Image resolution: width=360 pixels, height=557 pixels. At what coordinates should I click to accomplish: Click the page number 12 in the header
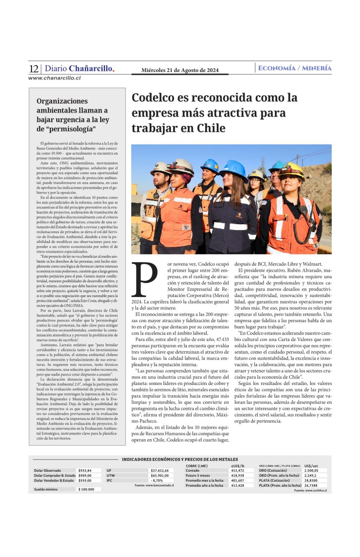(x=34, y=69)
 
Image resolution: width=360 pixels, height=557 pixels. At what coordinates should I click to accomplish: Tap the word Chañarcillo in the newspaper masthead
(x=91, y=69)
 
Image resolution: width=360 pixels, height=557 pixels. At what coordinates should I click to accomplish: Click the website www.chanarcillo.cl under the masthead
(x=54, y=78)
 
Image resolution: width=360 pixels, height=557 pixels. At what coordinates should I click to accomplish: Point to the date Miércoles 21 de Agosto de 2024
(x=180, y=70)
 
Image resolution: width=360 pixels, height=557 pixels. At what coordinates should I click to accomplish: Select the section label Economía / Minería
(x=295, y=68)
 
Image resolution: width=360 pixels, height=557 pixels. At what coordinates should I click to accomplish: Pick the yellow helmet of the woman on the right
(x=291, y=170)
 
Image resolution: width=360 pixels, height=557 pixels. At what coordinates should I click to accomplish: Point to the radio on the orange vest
(x=303, y=211)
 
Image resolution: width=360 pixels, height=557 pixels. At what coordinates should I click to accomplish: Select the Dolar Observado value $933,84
(x=85, y=471)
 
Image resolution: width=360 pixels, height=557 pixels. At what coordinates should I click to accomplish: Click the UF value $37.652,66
(x=160, y=471)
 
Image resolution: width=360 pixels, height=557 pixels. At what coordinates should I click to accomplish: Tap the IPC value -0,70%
(x=157, y=480)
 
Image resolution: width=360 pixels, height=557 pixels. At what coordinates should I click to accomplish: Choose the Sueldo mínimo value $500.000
(x=86, y=489)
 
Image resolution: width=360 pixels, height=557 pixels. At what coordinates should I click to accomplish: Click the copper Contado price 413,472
(x=238, y=471)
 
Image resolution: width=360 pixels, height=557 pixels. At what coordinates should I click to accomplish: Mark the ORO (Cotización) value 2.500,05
(x=311, y=471)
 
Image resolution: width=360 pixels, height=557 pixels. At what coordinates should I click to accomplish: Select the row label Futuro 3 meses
(x=198, y=476)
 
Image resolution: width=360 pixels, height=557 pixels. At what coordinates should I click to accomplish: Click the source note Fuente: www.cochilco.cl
(x=310, y=491)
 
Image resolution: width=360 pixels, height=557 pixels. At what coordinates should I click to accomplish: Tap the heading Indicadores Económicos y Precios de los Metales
(x=180, y=460)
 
